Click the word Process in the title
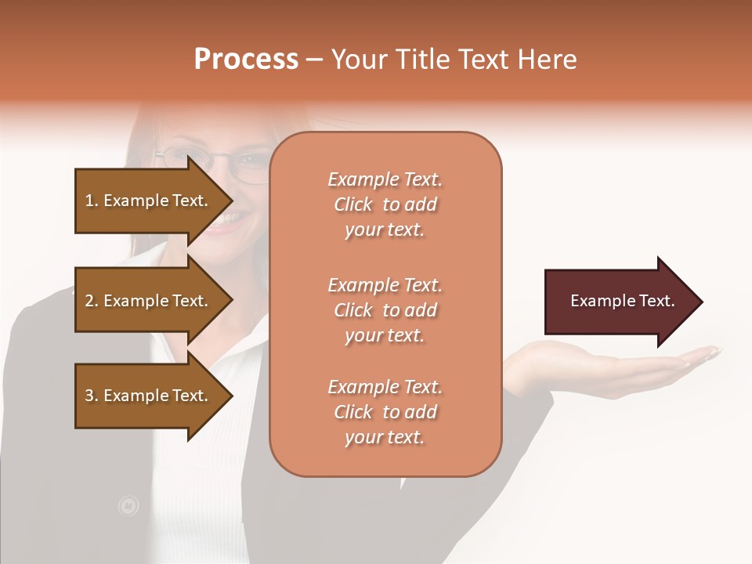click(246, 60)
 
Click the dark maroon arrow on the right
click(619, 302)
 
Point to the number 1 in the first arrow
click(89, 201)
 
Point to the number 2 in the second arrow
click(89, 301)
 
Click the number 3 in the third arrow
click(89, 396)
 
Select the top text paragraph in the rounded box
click(385, 204)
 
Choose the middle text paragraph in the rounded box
click(385, 310)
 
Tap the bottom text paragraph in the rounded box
click(385, 412)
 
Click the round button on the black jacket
click(128, 506)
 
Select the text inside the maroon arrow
click(622, 301)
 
